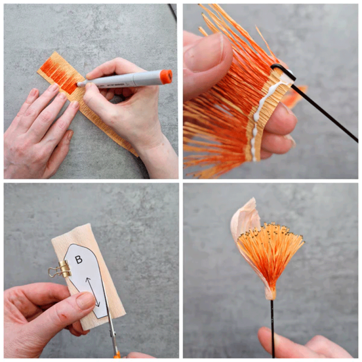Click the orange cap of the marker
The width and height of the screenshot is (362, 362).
coord(166,77)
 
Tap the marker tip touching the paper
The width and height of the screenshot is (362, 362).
coord(79,84)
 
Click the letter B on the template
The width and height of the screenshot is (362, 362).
coord(79,260)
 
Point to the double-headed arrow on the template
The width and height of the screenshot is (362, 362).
coord(93,292)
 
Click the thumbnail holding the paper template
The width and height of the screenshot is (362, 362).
coord(85,301)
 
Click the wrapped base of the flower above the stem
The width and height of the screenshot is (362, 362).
coord(271,294)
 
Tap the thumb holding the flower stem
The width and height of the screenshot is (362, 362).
coord(268,339)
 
